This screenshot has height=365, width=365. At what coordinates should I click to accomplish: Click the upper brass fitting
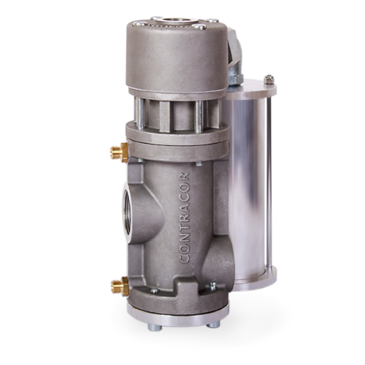(x=119, y=153)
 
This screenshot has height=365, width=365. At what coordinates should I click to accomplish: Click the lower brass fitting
(x=120, y=286)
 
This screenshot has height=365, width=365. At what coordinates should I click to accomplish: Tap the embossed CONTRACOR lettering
(x=185, y=218)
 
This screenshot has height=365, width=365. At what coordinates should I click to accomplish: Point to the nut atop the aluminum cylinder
(x=269, y=80)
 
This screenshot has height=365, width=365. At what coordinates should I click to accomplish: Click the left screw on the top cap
(x=140, y=24)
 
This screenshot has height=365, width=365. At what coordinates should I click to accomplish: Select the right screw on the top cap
(x=200, y=26)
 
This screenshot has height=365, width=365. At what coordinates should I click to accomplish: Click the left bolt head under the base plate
(x=155, y=327)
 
